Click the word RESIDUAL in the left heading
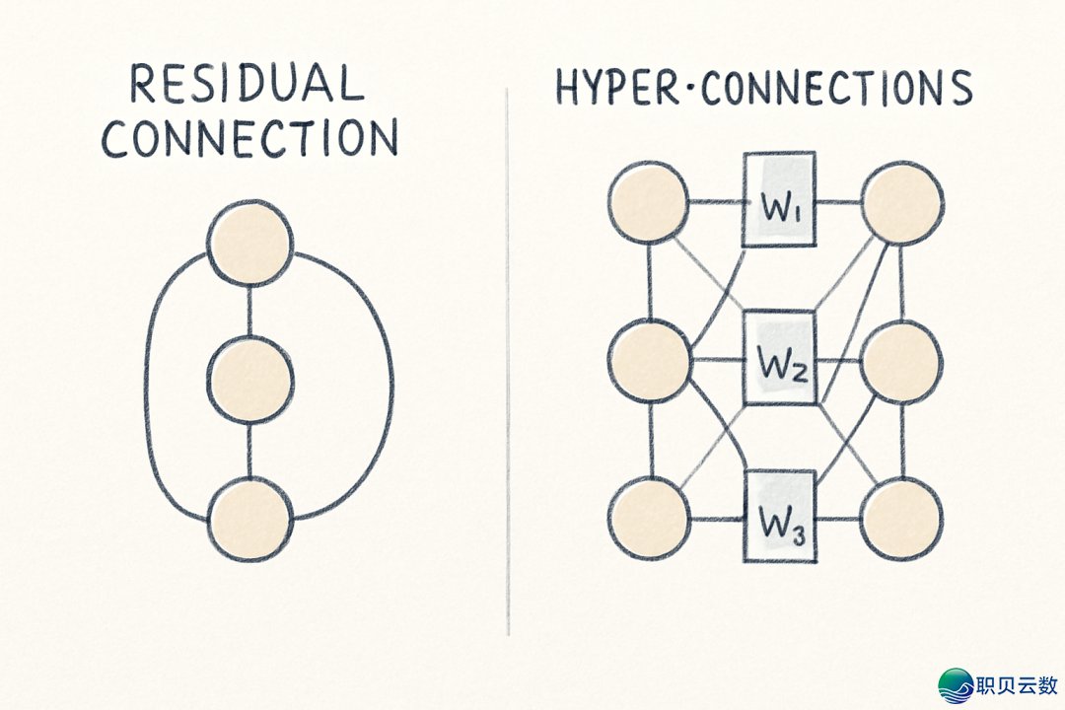coord(248,85)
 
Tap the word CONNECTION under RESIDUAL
coord(249,138)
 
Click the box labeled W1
coord(779,200)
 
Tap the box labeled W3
coord(779,515)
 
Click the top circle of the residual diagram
coord(249,242)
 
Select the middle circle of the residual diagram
coord(249,379)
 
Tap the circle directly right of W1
coord(902,205)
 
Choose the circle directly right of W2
coord(902,361)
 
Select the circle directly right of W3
coord(901,519)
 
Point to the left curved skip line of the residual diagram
coord(150,385)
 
